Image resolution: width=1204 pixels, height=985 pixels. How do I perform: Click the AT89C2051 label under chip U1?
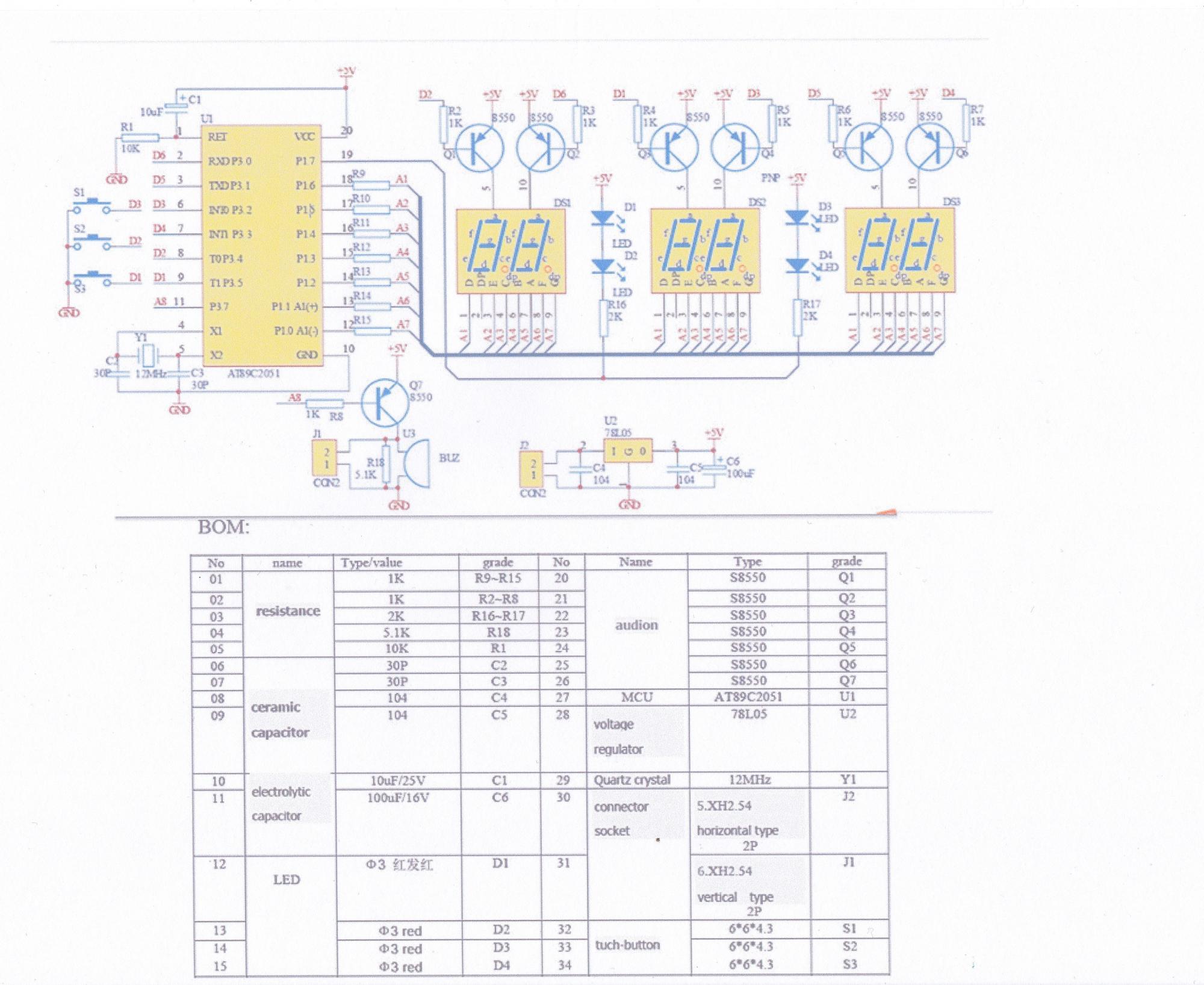click(253, 373)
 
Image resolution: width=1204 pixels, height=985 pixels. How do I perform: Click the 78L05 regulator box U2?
click(628, 450)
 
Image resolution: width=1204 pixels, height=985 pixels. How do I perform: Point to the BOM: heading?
click(223, 527)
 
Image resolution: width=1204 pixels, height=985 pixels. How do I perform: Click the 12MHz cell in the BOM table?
click(749, 780)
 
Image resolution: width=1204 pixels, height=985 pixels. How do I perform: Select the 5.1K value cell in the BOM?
click(396, 632)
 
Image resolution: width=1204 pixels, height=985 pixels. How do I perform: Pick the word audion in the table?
click(636, 625)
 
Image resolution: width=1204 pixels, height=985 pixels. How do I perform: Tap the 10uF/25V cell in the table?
click(397, 780)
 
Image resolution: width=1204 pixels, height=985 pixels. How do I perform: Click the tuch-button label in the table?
click(627, 945)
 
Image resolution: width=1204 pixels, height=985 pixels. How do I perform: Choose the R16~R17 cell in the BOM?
click(498, 615)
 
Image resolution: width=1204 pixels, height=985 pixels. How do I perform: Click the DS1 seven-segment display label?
click(562, 203)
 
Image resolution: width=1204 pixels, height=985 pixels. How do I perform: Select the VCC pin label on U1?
click(304, 137)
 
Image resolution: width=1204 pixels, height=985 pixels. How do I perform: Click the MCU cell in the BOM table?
click(636, 697)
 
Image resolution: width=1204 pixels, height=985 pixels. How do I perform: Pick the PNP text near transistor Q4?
click(770, 178)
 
